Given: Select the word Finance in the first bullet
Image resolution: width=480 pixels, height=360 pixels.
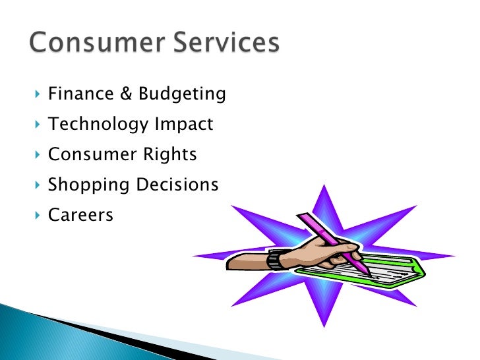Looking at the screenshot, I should coord(72,94).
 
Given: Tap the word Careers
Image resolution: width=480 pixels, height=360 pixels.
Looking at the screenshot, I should coord(80,215).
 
